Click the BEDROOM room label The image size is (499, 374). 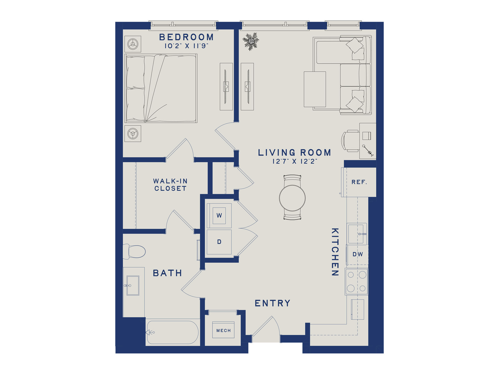[186, 37]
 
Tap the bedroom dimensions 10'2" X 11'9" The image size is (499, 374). [186, 46]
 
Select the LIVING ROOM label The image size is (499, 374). [294, 152]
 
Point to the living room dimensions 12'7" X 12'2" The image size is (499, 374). [295, 161]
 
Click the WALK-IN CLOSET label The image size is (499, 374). [170, 185]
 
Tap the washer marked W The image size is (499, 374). [219, 215]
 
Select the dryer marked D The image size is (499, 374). [219, 242]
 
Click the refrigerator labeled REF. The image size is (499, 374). [359, 182]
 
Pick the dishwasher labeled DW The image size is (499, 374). [357, 254]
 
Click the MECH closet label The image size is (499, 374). [224, 331]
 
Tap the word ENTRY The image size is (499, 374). [272, 303]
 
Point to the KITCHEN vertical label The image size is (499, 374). [335, 252]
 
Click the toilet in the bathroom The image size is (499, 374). [134, 251]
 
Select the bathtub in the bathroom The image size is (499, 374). [173, 332]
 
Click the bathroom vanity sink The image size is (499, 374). [133, 285]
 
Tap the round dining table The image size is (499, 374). [292, 198]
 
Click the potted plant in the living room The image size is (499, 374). [251, 41]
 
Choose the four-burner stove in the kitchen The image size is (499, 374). [356, 282]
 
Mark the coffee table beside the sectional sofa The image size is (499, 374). [315, 89]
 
